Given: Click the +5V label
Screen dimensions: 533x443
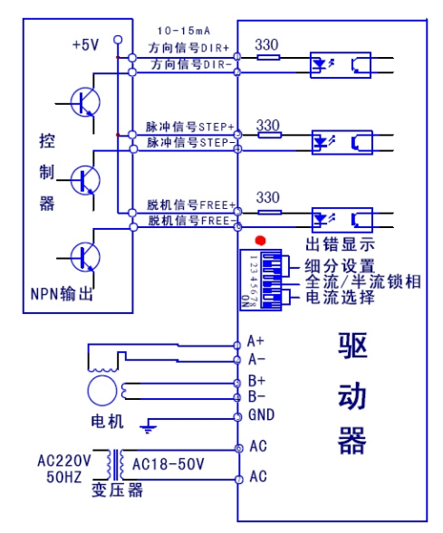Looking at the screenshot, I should [87, 44].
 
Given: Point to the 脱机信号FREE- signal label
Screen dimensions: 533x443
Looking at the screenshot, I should [191, 220].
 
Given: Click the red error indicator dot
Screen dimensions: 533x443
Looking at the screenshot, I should [261, 242].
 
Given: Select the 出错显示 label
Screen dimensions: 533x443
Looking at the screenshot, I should [340, 244].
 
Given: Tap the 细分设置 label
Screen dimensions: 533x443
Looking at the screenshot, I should [340, 266].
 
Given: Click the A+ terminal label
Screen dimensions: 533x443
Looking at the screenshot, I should [255, 342].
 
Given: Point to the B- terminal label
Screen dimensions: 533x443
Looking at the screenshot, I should [255, 395].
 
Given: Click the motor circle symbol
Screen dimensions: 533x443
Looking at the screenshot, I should [101, 391].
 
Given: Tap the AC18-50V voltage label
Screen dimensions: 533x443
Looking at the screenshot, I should [169, 463].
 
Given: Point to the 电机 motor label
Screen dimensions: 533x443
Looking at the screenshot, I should [106, 422].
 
